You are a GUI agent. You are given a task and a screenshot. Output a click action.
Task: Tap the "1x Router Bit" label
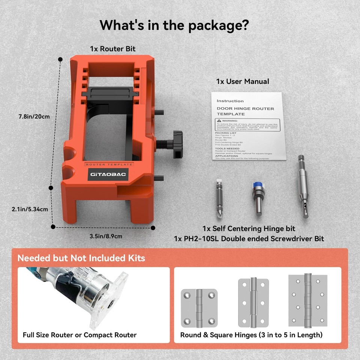pyautogui.click(x=113, y=49)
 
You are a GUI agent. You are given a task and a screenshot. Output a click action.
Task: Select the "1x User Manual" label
pyautogui.click(x=242, y=81)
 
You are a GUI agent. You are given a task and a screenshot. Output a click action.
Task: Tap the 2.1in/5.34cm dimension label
pyautogui.click(x=30, y=209)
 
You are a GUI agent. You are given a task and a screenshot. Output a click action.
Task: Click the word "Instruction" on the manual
pyautogui.click(x=230, y=101)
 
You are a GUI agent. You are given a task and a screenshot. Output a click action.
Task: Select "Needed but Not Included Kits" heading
pyautogui.click(x=81, y=258)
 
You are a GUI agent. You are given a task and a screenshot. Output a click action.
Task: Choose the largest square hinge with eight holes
pyautogui.click(x=307, y=300)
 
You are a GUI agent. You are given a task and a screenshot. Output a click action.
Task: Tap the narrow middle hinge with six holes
pyautogui.click(x=253, y=303)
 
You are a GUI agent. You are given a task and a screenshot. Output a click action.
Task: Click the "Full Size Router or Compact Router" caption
pyautogui.click(x=79, y=335)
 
